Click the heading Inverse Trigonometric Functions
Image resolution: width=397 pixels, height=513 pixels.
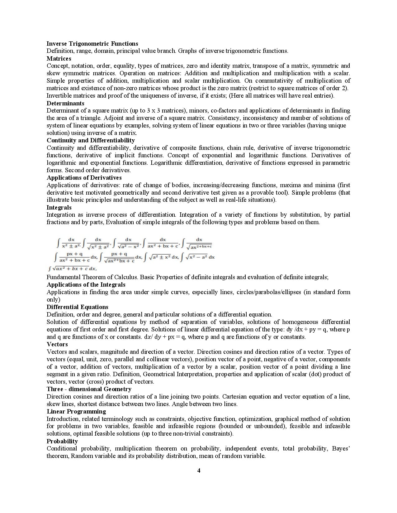[x=92, y=44]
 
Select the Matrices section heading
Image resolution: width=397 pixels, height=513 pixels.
[x=59, y=58]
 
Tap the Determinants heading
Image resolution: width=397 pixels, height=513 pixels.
[x=65, y=103]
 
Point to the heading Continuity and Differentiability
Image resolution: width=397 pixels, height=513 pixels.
[x=91, y=140]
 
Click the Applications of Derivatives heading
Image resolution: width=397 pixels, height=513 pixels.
[x=84, y=178]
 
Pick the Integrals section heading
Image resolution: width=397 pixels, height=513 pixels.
[x=59, y=207]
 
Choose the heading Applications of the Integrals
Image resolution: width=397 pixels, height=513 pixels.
[x=86, y=284]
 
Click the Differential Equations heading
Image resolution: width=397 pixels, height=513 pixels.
[x=78, y=307]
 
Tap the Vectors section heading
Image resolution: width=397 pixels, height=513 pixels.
[x=57, y=344]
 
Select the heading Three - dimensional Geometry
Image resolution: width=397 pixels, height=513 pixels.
[x=89, y=389]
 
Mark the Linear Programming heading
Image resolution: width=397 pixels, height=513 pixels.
[x=76, y=411]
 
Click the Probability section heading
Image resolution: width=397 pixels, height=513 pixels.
[x=62, y=441]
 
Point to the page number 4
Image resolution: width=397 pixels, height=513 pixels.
[x=199, y=470]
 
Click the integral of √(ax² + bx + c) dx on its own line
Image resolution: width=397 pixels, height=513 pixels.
[x=72, y=268]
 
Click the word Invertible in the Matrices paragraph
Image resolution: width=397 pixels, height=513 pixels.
[x=59, y=95]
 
